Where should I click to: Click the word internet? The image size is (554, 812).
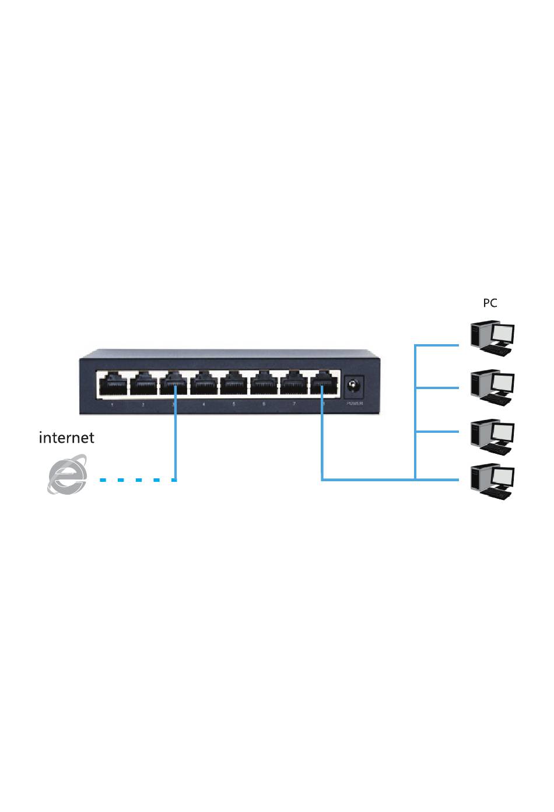pyautogui.click(x=66, y=437)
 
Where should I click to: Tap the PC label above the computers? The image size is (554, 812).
pyautogui.click(x=490, y=303)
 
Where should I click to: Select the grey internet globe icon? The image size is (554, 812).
pyautogui.click(x=67, y=475)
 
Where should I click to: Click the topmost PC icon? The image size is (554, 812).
pyautogui.click(x=493, y=338)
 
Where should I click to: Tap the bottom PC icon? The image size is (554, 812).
pyautogui.click(x=493, y=481)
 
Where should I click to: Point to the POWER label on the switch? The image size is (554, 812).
pyautogui.click(x=355, y=403)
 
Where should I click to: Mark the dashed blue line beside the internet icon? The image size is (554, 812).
pyautogui.click(x=137, y=480)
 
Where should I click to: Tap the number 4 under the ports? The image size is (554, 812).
pyautogui.click(x=204, y=404)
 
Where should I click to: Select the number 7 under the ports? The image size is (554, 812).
pyautogui.click(x=294, y=404)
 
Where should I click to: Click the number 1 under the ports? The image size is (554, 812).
pyautogui.click(x=113, y=404)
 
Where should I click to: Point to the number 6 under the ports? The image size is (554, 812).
pyautogui.click(x=264, y=404)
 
